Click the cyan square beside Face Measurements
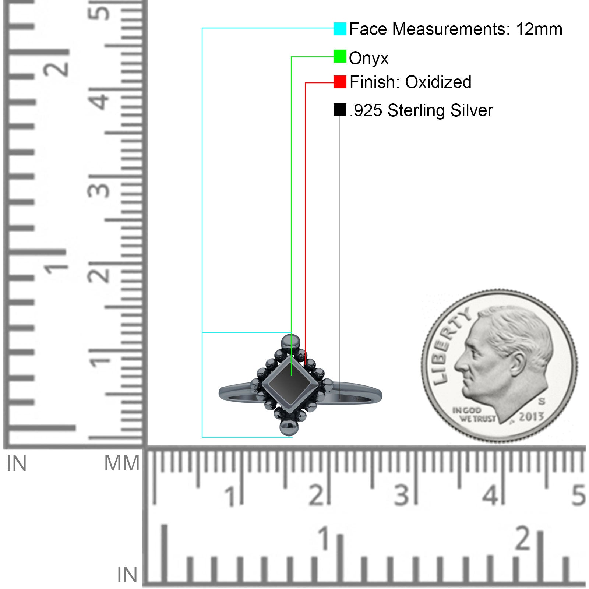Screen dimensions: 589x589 [x=340, y=29]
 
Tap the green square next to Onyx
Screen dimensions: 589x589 [x=340, y=56]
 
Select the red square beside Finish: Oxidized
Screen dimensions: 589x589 [x=340, y=82]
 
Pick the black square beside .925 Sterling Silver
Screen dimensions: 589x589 [x=340, y=110]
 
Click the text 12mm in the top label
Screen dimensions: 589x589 [x=539, y=29]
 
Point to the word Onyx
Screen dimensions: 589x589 [x=368, y=59]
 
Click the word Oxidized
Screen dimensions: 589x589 [x=438, y=82]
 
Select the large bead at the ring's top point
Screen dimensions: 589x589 [x=290, y=342]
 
